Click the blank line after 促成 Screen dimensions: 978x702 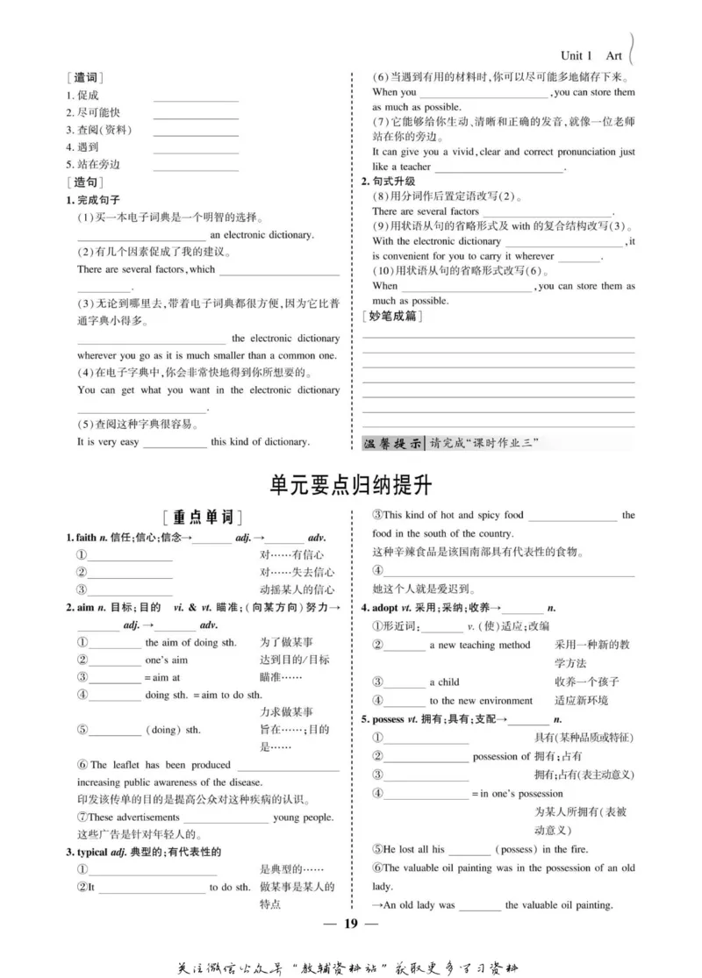(x=196, y=96)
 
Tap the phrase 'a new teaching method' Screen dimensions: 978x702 (x=479, y=645)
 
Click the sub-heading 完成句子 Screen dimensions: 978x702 (x=97, y=199)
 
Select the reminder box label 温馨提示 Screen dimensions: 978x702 (x=393, y=442)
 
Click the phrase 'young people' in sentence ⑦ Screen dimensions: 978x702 (x=304, y=817)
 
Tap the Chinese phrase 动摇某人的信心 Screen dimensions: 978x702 (x=297, y=589)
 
